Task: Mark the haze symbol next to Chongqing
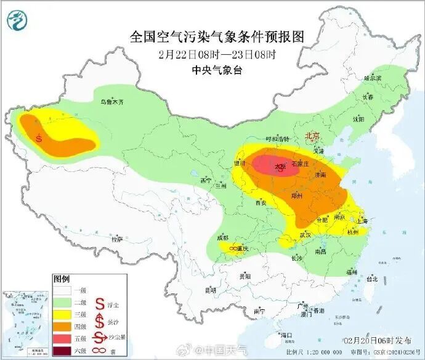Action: click(x=234, y=248)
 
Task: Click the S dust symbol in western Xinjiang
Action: click(x=39, y=138)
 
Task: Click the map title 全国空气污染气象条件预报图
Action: click(x=217, y=36)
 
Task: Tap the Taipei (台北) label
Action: click(x=371, y=278)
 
